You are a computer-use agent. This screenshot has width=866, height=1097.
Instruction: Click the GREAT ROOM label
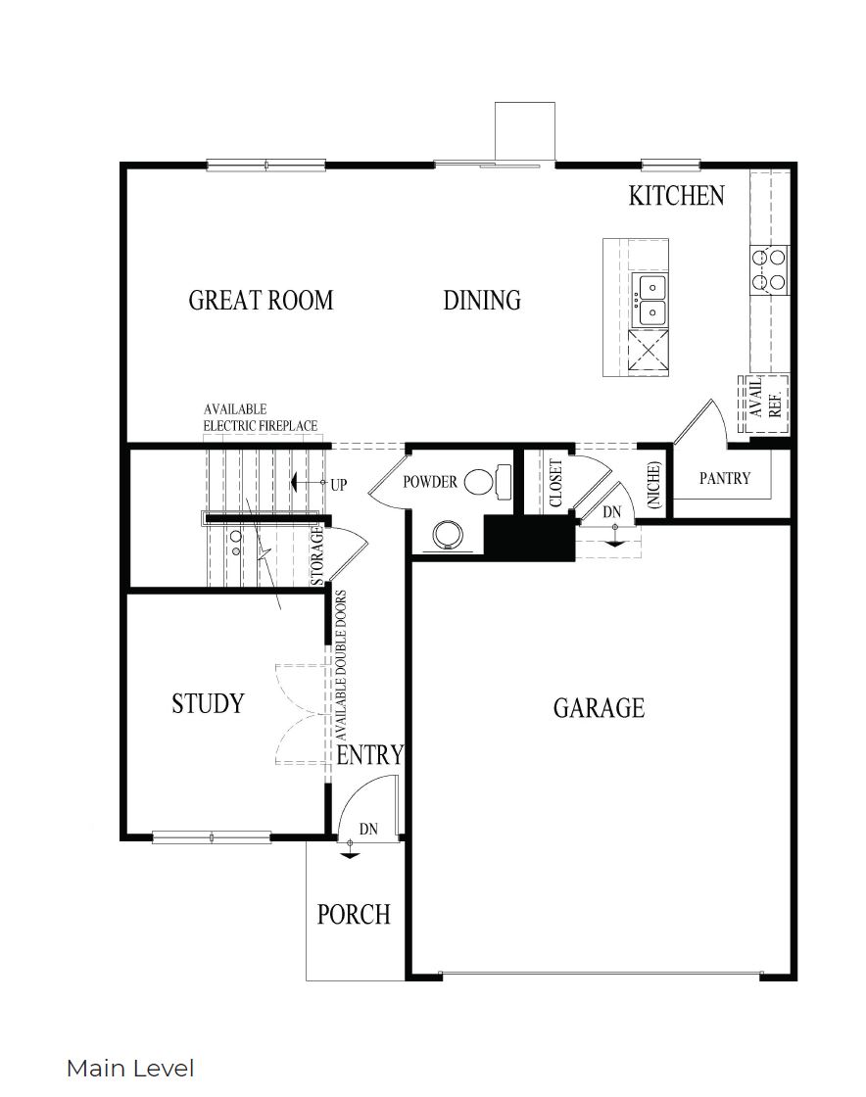pos(261,300)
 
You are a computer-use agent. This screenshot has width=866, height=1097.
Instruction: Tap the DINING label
pos(482,300)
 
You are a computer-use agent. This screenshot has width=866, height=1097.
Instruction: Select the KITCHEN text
pos(676,196)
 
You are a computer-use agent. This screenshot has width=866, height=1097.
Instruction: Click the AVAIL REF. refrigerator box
pos(764,401)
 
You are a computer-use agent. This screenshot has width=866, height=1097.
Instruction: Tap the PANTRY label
pos(725,478)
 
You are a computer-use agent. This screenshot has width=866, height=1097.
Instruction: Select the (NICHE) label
pos(653,484)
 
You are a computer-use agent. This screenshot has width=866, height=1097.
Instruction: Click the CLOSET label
pos(555,484)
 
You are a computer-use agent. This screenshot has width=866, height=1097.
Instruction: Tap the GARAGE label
pos(599,707)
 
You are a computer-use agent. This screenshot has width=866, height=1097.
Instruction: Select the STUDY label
pos(208,703)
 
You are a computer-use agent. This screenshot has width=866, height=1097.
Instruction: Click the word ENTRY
pos(370,755)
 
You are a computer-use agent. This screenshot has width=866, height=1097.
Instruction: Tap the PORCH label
pos(354,914)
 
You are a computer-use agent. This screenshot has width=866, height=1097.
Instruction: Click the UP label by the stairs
pos(339,484)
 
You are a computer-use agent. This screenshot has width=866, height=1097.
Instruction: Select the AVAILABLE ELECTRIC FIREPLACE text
pos(260,416)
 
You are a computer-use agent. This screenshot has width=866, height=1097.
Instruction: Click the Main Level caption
pos(130,1068)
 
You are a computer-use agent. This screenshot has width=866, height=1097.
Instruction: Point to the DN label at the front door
pos(368,829)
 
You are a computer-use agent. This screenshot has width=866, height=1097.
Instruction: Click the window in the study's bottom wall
pos(213,837)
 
